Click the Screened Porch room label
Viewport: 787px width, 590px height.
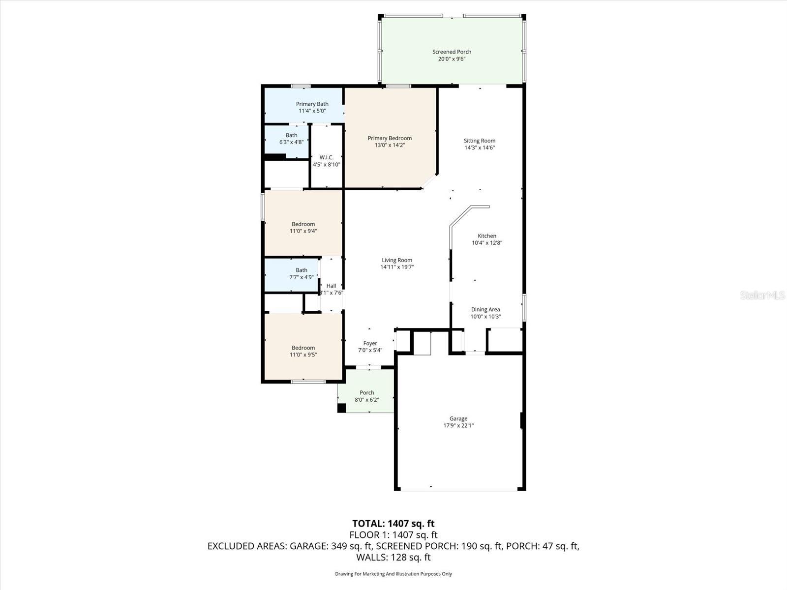coord(452,52)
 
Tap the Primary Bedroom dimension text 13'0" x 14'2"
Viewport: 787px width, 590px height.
coord(390,146)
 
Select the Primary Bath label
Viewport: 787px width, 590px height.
coord(312,104)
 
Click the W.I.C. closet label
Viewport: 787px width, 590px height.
coord(327,157)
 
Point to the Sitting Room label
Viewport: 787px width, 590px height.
coord(479,141)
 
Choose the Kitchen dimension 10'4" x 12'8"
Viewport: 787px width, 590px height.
coord(487,243)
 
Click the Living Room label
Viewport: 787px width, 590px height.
coord(397,260)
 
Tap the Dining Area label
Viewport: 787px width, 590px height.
coord(485,309)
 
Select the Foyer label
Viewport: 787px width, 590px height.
coord(370,343)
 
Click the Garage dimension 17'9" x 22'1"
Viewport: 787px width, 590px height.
coord(458,426)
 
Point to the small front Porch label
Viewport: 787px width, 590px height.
coord(367,392)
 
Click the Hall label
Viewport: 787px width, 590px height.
coord(331,286)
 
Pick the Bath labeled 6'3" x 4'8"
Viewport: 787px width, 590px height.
coord(291,139)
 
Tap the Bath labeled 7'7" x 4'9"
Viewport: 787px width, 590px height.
coord(301,273)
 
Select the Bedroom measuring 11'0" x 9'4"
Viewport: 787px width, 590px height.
coord(303,227)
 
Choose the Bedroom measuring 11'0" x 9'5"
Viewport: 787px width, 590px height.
coord(303,351)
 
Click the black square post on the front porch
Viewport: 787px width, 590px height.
coord(341,408)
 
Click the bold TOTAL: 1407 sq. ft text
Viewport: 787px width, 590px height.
coord(393,524)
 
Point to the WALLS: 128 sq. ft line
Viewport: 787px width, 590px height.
coord(393,558)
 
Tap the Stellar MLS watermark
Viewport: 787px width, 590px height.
coord(762,295)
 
